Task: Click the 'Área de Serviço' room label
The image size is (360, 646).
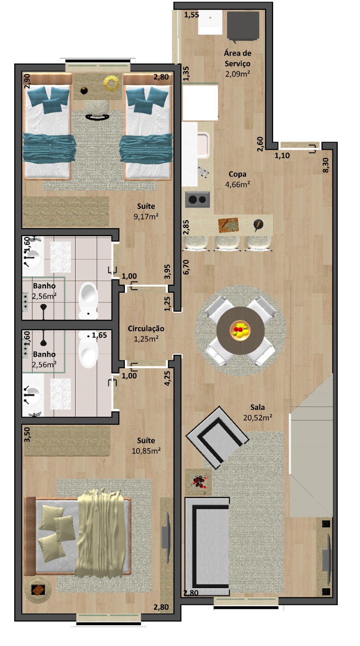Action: click(x=238, y=58)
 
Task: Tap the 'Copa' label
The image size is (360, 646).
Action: click(x=237, y=174)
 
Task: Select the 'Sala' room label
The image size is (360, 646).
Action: click(x=257, y=407)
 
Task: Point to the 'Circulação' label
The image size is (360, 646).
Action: click(x=146, y=329)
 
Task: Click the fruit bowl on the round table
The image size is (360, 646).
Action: click(x=240, y=331)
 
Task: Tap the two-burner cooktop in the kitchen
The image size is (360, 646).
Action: click(x=198, y=199)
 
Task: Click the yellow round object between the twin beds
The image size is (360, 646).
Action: click(x=112, y=83)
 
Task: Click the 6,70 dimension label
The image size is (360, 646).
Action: click(x=186, y=267)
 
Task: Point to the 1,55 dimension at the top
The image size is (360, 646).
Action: click(x=192, y=15)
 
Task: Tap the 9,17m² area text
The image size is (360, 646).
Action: click(x=146, y=216)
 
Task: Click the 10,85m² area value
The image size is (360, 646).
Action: click(x=146, y=451)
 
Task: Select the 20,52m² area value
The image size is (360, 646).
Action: click(x=257, y=417)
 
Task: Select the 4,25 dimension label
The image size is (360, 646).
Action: click(x=167, y=378)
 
